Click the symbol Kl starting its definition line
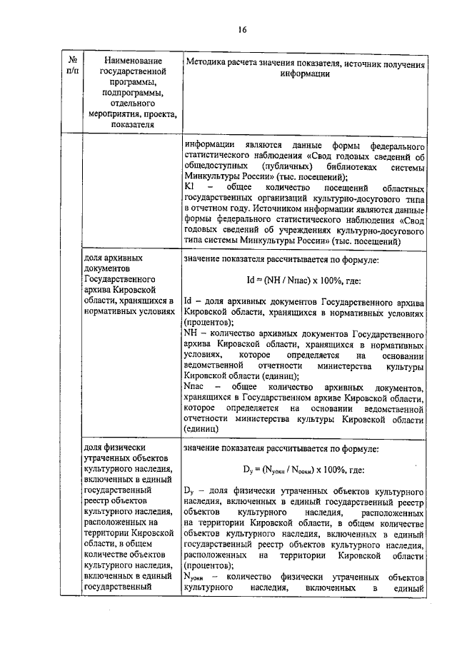click(189, 186)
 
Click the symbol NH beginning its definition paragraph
click(190, 334)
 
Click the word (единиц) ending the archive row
click(205, 430)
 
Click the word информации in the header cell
click(304, 74)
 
